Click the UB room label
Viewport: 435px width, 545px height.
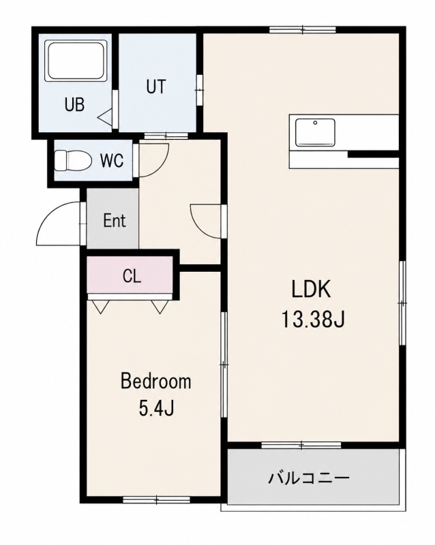pyautogui.click(x=74, y=104)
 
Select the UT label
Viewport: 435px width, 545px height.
pyautogui.click(x=156, y=87)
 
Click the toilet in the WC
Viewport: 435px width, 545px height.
pyautogui.click(x=73, y=160)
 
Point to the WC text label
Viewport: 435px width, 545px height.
pyautogui.click(x=112, y=161)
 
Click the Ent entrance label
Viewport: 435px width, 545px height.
pyautogui.click(x=115, y=220)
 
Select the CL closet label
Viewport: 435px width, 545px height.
pyautogui.click(x=132, y=276)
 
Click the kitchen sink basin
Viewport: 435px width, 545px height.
pyautogui.click(x=315, y=132)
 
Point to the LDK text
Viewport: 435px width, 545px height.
pyautogui.click(x=311, y=290)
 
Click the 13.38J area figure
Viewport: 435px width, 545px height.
pyautogui.click(x=312, y=320)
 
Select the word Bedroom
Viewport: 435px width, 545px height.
pyautogui.click(x=156, y=381)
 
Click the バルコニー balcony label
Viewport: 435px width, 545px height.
pyautogui.click(x=308, y=479)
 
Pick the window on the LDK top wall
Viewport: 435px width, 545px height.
pyautogui.click(x=303, y=29)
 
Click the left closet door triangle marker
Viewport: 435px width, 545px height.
pyautogui.click(x=101, y=307)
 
